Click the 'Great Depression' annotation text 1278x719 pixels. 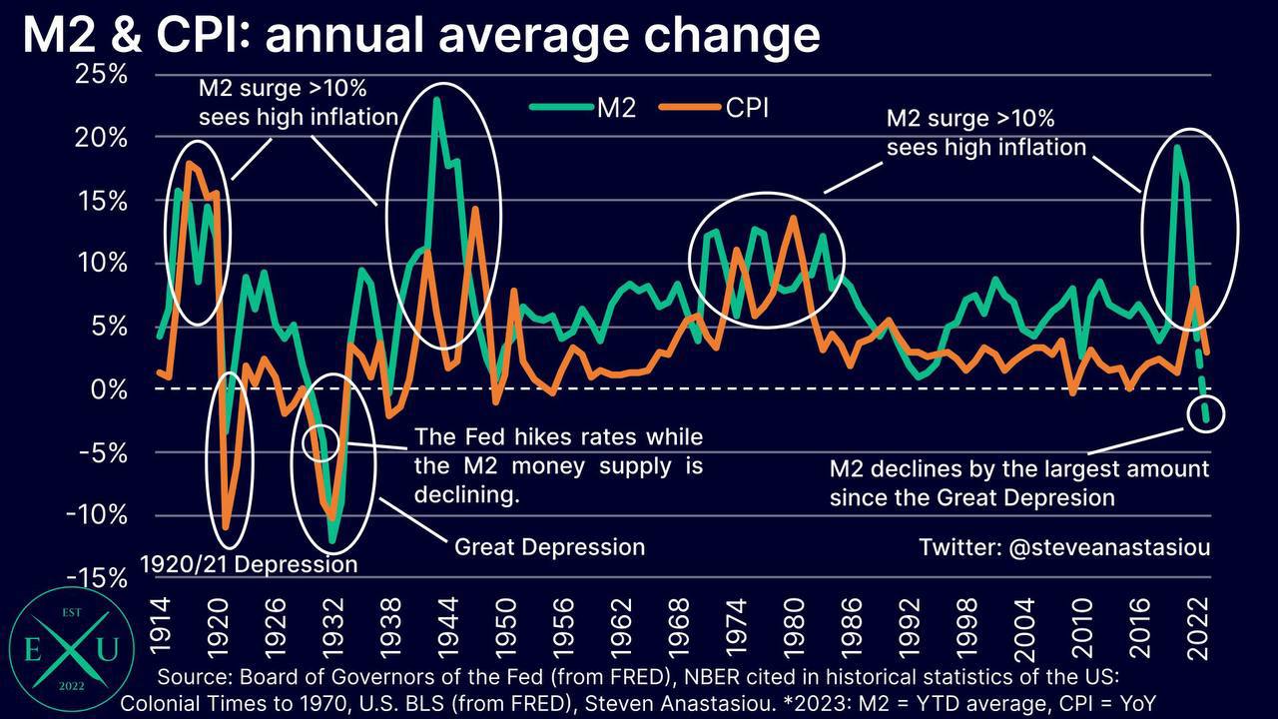click(549, 547)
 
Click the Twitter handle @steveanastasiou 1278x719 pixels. click(1064, 548)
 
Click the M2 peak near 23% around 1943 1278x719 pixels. click(437, 100)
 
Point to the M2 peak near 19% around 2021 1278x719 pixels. click(1177, 148)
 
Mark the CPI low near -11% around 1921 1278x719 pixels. click(227, 527)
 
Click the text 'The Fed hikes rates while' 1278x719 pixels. click(558, 437)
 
